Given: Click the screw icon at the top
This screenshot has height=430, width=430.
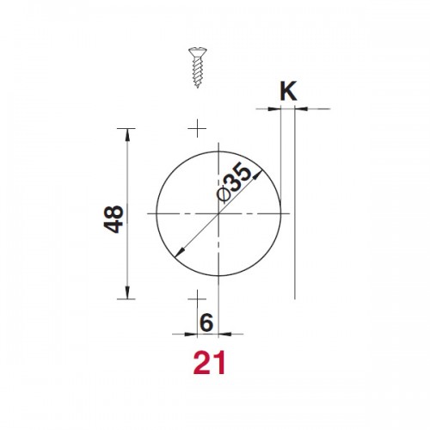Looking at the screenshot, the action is pos(198,68).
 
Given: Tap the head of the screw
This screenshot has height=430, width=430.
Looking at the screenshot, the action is pos(198,53).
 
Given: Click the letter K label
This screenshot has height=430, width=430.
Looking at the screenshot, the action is pos(288,91).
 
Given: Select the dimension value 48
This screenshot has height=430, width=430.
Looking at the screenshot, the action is pos(114,219).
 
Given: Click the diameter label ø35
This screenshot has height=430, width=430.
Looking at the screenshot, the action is pos(234,182).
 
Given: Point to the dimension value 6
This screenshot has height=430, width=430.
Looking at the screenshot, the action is pos(206,322).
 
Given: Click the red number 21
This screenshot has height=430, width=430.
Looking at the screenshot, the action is pos(209,363).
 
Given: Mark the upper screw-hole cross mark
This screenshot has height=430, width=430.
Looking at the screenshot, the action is pos(197,128).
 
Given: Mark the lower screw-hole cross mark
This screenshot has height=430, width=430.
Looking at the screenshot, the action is pos(197,299).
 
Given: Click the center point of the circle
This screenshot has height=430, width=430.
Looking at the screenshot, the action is pos(218,213).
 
